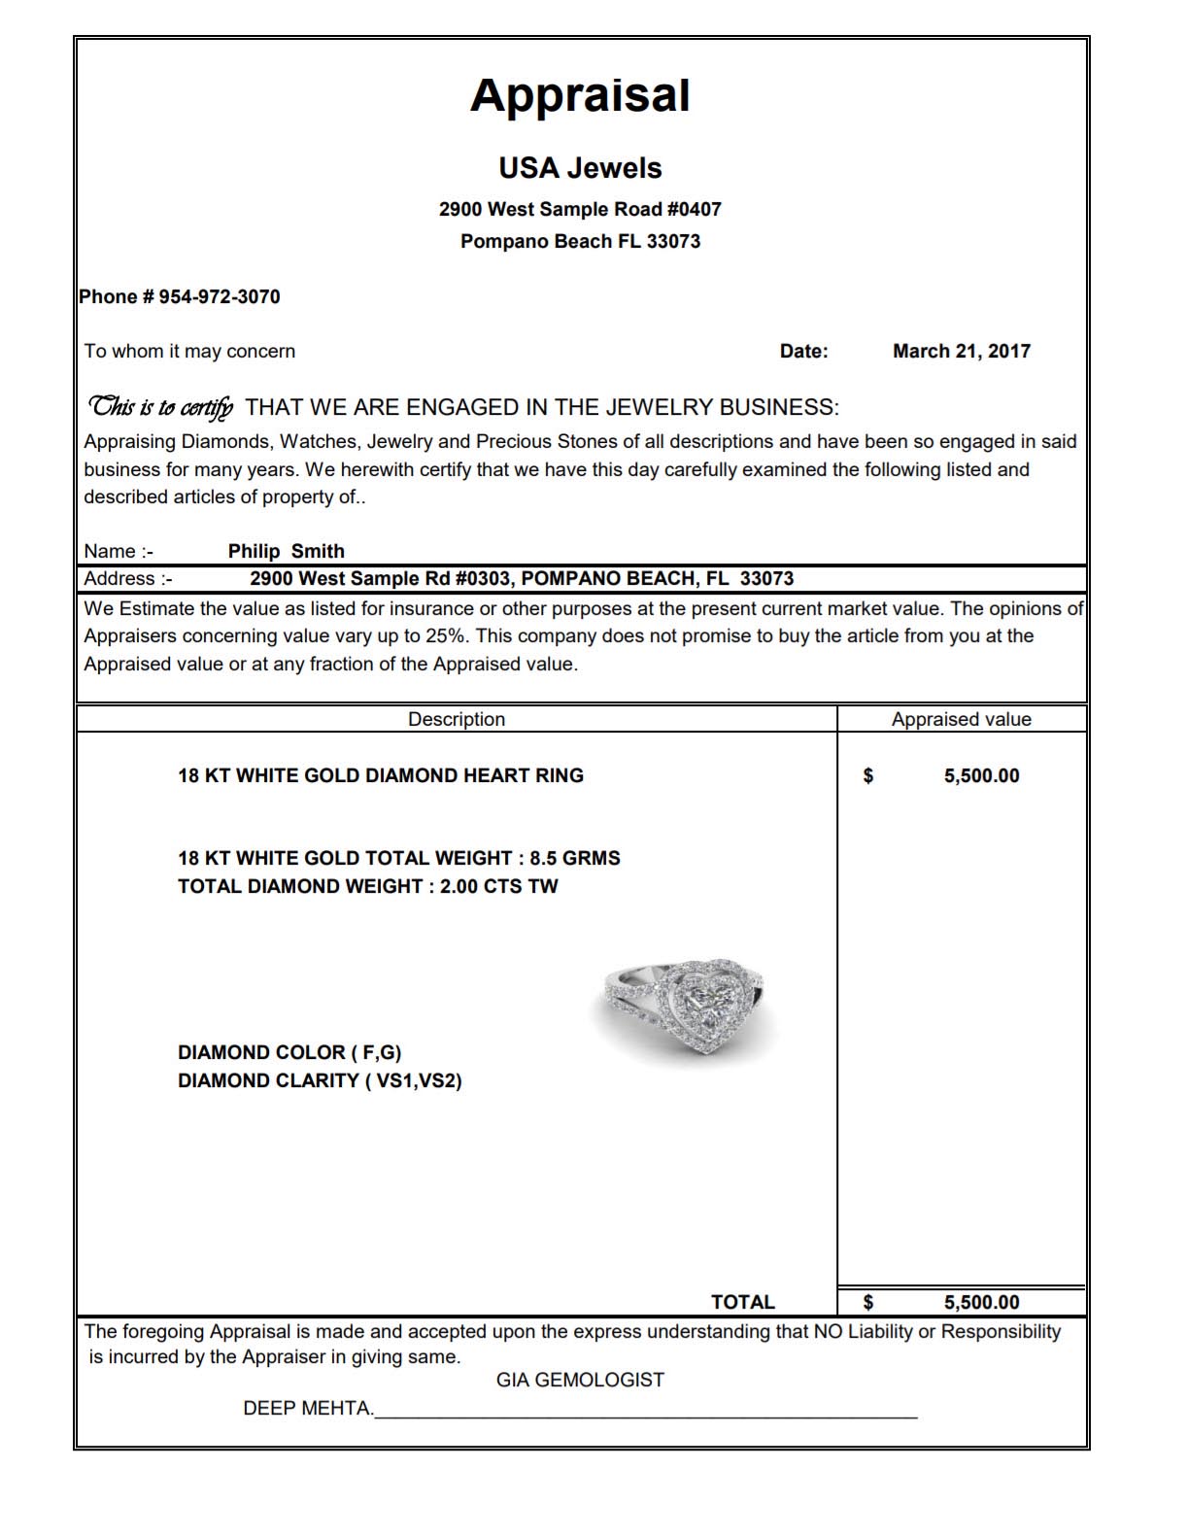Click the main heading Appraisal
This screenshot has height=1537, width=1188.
pyautogui.click(x=580, y=96)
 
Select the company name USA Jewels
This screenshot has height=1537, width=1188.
pyautogui.click(x=580, y=168)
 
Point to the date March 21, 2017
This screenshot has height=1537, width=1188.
pyautogui.click(x=961, y=352)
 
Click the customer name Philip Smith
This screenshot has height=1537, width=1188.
pyautogui.click(x=286, y=552)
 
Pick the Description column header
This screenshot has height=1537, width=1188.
pyautogui.click(x=456, y=720)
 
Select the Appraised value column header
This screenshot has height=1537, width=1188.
pyautogui.click(x=961, y=720)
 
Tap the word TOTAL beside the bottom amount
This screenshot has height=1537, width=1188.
pyautogui.click(x=742, y=1303)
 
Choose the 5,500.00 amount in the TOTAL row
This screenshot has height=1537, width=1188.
pyautogui.click(x=981, y=1303)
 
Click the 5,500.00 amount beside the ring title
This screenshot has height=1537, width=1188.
pyautogui.click(x=981, y=776)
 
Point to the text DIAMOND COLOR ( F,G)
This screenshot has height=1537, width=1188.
pyautogui.click(x=289, y=1053)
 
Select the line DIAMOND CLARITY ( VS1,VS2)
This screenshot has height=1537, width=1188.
pyautogui.click(x=320, y=1081)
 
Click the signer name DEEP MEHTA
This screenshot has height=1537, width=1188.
pyautogui.click(x=308, y=1409)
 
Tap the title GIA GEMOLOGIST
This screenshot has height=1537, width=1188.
pyautogui.click(x=580, y=1381)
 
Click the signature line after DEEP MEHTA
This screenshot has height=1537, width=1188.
pyautogui.click(x=646, y=1417)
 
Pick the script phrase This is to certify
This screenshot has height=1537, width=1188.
pyautogui.click(x=160, y=407)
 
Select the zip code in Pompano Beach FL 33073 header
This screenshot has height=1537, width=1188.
pyautogui.click(x=673, y=242)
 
